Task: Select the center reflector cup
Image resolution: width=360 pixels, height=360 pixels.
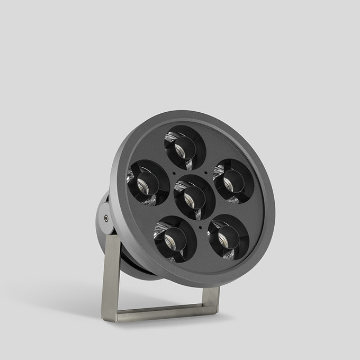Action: [194, 196]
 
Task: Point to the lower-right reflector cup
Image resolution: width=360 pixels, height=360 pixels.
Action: [228, 237]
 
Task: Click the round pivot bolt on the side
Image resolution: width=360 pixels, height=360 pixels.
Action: [106, 218]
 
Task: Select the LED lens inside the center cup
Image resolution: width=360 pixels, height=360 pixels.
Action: [189, 200]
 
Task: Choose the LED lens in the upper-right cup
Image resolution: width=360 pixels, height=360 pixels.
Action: [228, 184]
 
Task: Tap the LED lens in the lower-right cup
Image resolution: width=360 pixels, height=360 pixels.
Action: [223, 240]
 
